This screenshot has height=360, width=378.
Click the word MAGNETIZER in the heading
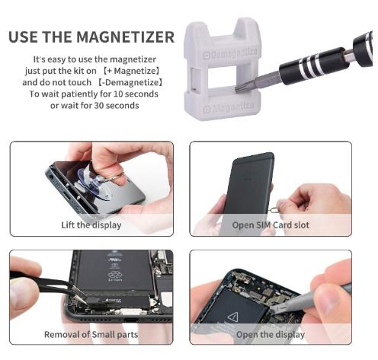click(x=126, y=37)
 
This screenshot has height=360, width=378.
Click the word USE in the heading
click(x=24, y=37)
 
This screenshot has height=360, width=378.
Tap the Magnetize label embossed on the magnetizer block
click(x=229, y=108)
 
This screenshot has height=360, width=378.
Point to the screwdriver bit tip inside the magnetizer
click(x=238, y=88)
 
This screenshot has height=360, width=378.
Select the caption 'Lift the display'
click(x=91, y=225)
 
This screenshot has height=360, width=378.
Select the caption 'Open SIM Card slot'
click(x=271, y=225)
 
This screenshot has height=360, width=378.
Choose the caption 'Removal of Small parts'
click(x=91, y=334)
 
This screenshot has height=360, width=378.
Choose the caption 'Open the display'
click(x=271, y=335)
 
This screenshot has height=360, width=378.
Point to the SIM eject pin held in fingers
click(x=274, y=210)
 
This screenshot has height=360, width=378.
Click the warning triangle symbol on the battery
click(x=232, y=317)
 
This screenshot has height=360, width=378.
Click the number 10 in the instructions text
click(x=117, y=94)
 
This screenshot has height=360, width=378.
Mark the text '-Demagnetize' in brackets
click(x=130, y=82)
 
